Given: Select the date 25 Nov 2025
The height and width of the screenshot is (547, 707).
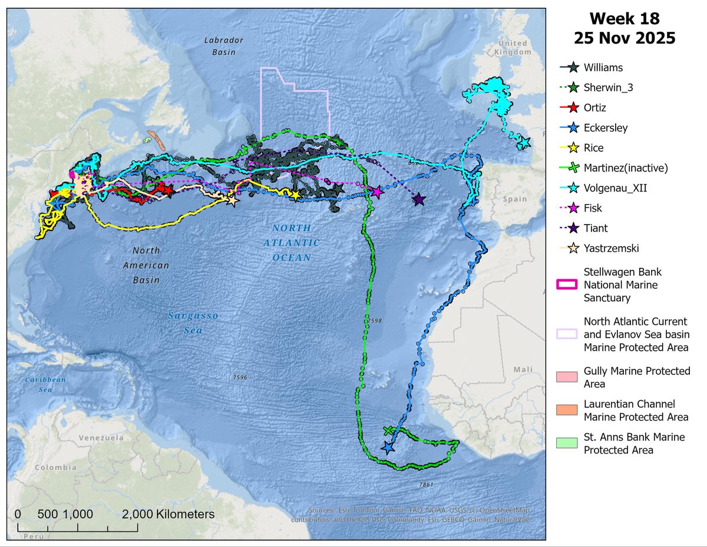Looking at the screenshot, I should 625,38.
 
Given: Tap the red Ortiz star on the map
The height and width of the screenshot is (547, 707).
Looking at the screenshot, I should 168,190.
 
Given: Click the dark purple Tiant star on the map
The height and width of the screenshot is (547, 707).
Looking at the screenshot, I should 419,200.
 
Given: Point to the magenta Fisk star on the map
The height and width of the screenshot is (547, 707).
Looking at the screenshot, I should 377,192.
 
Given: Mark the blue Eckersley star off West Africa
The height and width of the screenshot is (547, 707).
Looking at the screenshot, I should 388,447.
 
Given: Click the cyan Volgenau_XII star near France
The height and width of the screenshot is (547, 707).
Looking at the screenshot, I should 524,143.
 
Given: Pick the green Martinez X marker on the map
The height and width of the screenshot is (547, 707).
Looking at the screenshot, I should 388,431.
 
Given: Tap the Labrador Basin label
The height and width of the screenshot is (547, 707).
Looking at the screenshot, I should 220,46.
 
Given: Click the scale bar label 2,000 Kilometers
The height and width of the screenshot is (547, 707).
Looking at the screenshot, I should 169,514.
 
